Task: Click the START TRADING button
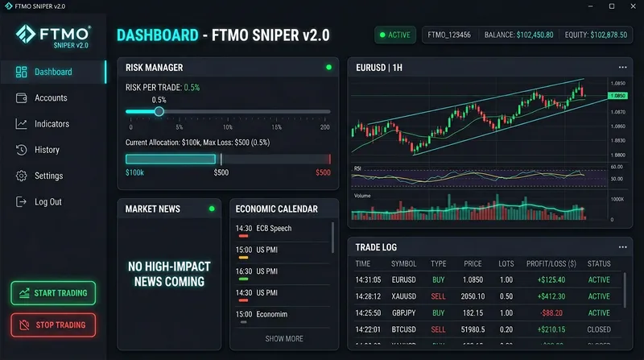pyautogui.click(x=53, y=293)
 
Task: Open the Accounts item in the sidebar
pyautogui.click(x=50, y=98)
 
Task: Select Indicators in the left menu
pyautogui.click(x=52, y=124)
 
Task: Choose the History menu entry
pyautogui.click(x=47, y=150)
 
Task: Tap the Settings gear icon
pyautogui.click(x=21, y=176)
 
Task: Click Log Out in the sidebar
pyautogui.click(x=47, y=201)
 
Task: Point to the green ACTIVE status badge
pyautogui.click(x=394, y=35)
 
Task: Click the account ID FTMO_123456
pyautogui.click(x=450, y=35)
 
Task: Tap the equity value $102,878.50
pyautogui.click(x=597, y=35)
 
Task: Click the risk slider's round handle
pyautogui.click(x=159, y=111)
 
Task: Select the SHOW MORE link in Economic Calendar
pyautogui.click(x=284, y=338)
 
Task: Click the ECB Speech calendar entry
pyautogui.click(x=274, y=229)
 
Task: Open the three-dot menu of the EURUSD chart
pyautogui.click(x=621, y=68)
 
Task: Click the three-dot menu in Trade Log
pyautogui.click(x=621, y=247)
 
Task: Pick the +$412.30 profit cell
pyautogui.click(x=544, y=296)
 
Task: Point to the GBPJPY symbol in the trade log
pyautogui.click(x=403, y=312)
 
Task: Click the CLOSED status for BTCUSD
pyautogui.click(x=599, y=329)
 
